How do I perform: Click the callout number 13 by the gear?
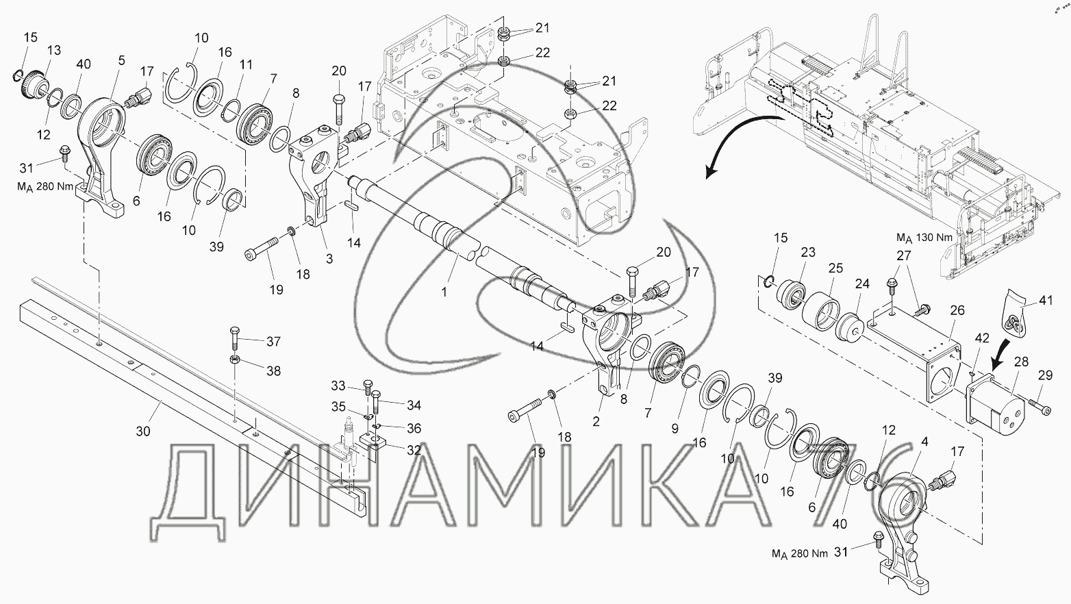click(x=54, y=50)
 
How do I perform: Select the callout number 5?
click(x=121, y=61)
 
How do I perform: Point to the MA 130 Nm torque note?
click(x=924, y=238)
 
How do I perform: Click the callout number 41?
click(x=1046, y=301)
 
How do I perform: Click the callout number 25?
click(x=835, y=268)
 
